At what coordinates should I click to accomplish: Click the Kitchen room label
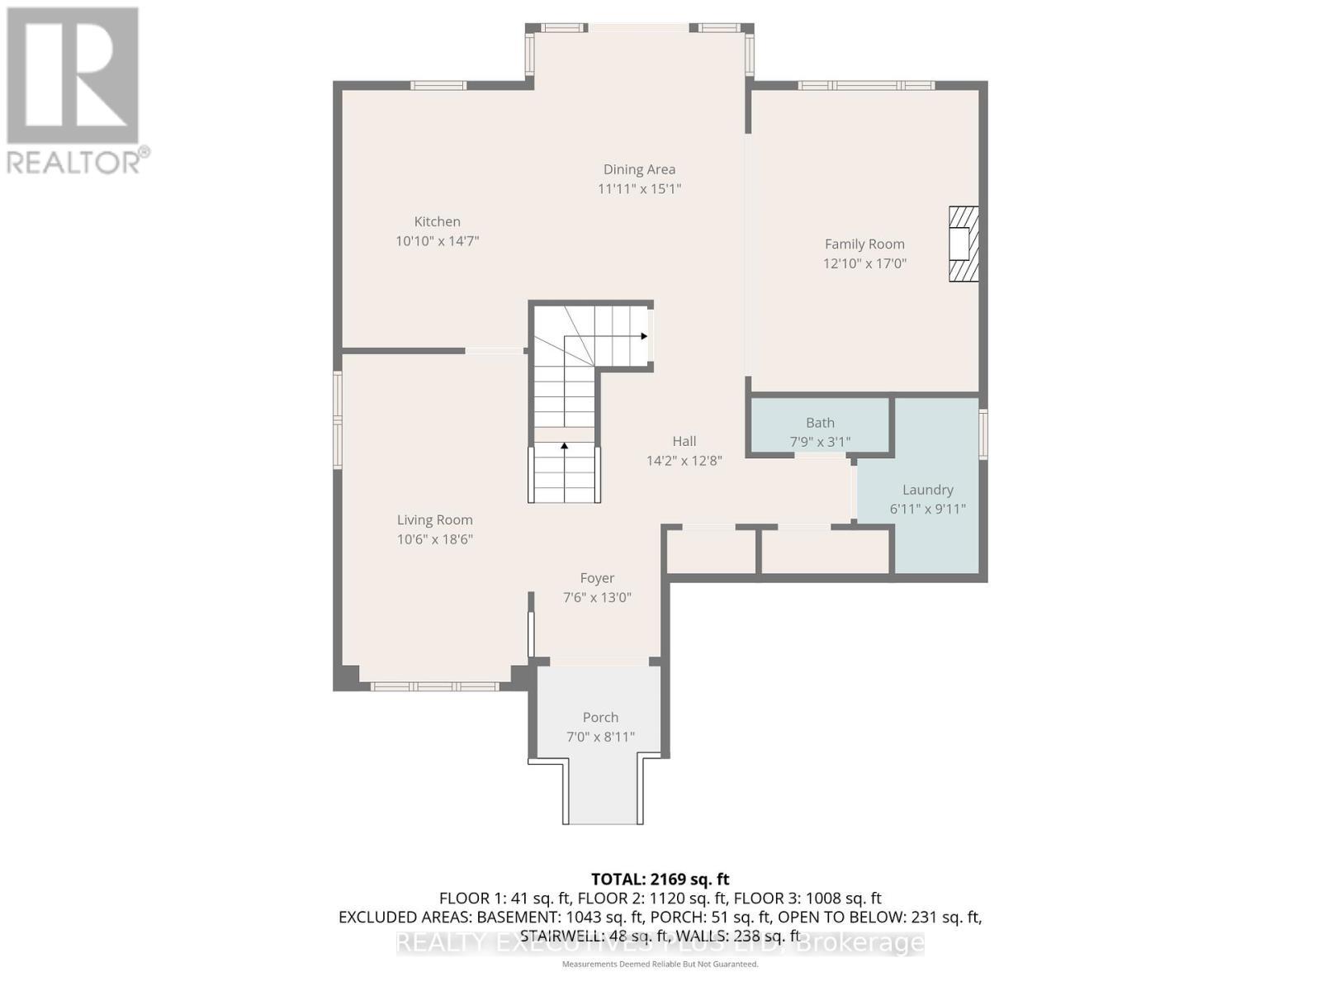(x=437, y=221)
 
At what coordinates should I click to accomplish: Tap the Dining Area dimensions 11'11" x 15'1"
(x=639, y=188)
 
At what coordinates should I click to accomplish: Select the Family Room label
(x=864, y=244)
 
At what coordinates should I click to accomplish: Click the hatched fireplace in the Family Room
(x=963, y=244)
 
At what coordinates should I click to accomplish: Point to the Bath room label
(x=820, y=423)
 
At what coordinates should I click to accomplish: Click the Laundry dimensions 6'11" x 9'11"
(x=927, y=509)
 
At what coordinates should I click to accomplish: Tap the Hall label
(x=684, y=441)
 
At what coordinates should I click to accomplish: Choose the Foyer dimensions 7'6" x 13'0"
(x=597, y=597)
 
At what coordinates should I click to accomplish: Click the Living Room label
(x=434, y=519)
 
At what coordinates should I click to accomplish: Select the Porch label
(x=600, y=717)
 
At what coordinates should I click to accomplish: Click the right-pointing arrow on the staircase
(x=643, y=336)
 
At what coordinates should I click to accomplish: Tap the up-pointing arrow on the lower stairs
(x=565, y=447)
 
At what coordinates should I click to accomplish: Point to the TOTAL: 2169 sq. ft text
(x=660, y=879)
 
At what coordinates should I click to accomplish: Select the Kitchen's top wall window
(x=438, y=85)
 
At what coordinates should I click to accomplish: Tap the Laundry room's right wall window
(x=982, y=434)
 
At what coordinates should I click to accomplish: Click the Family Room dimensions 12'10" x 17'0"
(x=864, y=263)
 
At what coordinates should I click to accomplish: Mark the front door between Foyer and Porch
(x=599, y=661)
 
